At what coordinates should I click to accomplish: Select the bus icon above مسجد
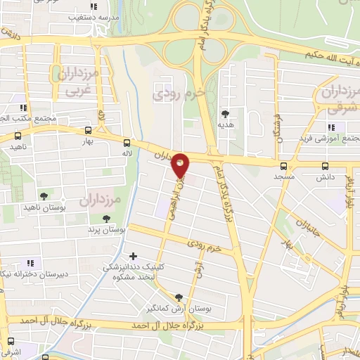pyautogui.click(x=283, y=167)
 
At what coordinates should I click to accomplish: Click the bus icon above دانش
pyautogui.click(x=324, y=167)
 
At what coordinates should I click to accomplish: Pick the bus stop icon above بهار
pyautogui.click(x=87, y=130)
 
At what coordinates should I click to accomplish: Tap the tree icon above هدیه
pyautogui.click(x=225, y=113)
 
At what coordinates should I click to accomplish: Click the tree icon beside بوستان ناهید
pyautogui.click(x=44, y=196)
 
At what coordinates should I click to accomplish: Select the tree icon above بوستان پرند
pyautogui.click(x=106, y=219)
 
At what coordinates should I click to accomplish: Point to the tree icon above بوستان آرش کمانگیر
pyautogui.click(x=179, y=297)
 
